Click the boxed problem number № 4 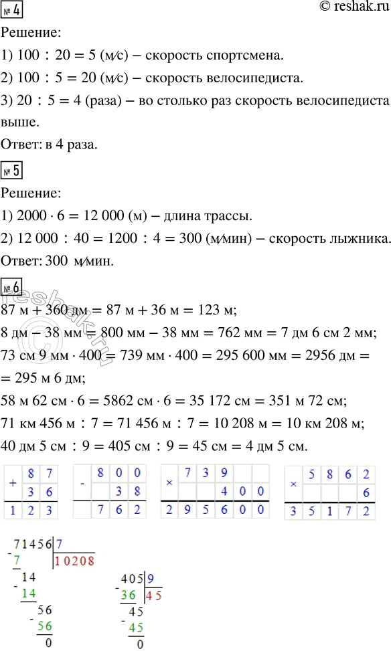(x=12, y=11)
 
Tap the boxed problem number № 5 (x=13, y=170)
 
